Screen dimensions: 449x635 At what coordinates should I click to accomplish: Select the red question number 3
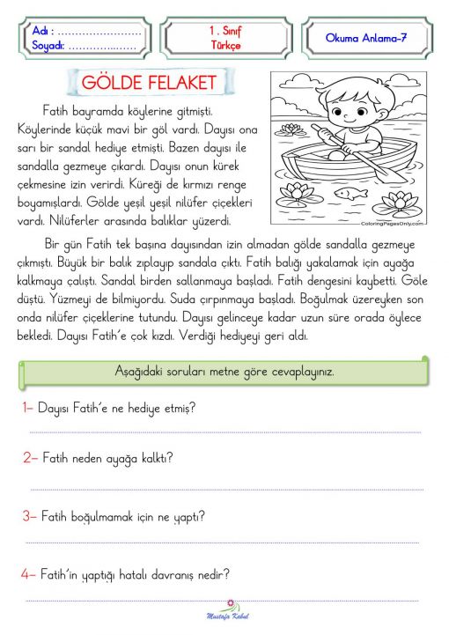pos(28,515)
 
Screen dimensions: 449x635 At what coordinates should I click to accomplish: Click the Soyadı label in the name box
pos(48,45)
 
